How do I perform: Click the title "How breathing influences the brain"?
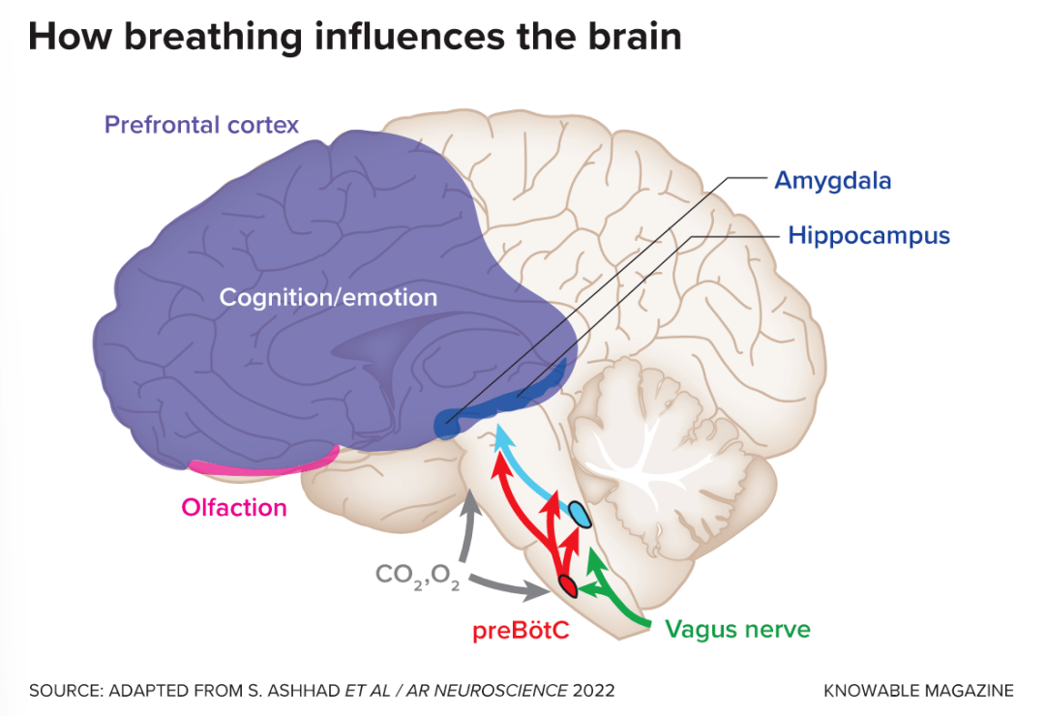pyautogui.click(x=354, y=36)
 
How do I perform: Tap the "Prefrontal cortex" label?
pyautogui.click(x=201, y=125)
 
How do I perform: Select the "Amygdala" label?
pyautogui.click(x=832, y=180)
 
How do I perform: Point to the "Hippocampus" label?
pyautogui.click(x=868, y=235)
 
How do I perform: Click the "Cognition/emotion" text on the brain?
pyautogui.click(x=328, y=297)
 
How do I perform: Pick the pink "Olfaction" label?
pyautogui.click(x=234, y=507)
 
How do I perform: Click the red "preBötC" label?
pyautogui.click(x=520, y=631)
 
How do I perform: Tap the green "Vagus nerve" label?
pyautogui.click(x=737, y=630)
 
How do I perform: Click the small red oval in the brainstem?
pyautogui.click(x=567, y=585)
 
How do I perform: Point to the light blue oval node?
pyautogui.click(x=579, y=515)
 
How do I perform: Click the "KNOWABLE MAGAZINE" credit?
pyautogui.click(x=918, y=691)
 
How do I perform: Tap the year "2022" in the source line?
pyautogui.click(x=593, y=691)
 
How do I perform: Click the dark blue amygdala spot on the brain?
pyautogui.click(x=446, y=424)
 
